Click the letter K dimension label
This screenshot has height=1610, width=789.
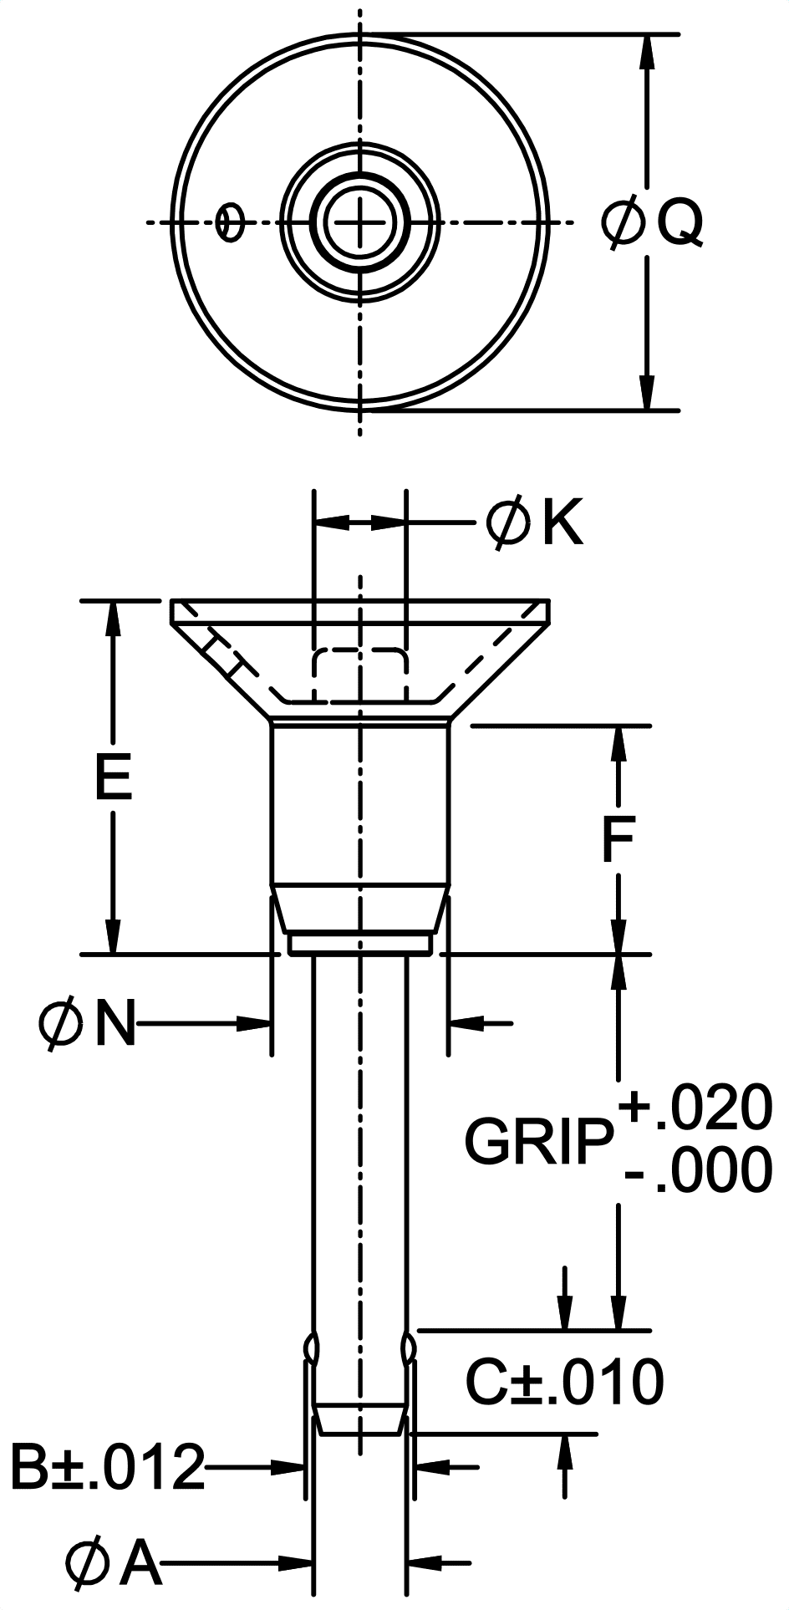tap(562, 524)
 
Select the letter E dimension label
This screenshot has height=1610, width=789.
tap(113, 777)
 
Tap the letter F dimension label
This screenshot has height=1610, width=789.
tap(618, 840)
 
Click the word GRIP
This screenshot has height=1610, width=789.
tap(537, 1141)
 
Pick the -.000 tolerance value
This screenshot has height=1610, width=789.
tap(699, 1170)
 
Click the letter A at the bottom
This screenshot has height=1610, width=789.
tap(140, 1563)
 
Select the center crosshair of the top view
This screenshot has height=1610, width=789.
tap(360, 222)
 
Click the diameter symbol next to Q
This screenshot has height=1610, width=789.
tap(624, 222)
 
